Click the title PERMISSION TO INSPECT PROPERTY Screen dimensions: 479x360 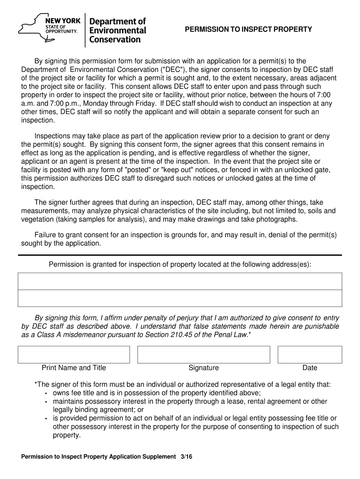[248, 29]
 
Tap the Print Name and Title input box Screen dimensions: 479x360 [74, 355]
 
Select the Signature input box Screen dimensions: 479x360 [203, 355]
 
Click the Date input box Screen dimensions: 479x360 [310, 355]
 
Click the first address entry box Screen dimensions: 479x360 [180, 281]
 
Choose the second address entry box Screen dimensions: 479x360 [180, 298]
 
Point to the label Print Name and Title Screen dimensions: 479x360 [74, 368]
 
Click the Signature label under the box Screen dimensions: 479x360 [203, 368]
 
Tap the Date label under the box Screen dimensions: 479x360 [310, 368]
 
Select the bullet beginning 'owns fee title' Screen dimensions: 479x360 [157, 393]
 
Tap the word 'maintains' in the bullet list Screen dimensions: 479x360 [68, 401]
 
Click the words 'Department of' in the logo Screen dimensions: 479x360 [117, 22]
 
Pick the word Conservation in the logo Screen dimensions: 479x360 [115, 40]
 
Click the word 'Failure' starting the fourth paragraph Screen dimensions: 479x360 [46, 235]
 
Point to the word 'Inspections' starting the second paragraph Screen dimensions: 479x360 [52, 136]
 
